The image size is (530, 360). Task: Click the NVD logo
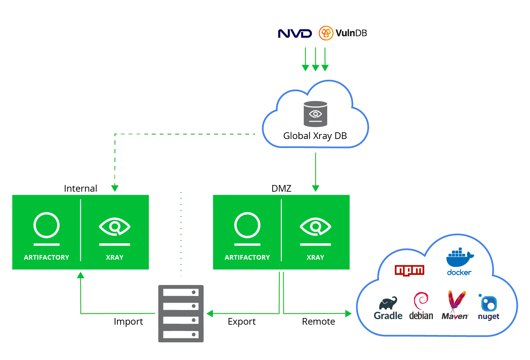point(295,33)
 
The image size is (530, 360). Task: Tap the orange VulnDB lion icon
point(326,33)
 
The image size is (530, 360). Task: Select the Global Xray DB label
point(315,136)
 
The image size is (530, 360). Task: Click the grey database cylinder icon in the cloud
point(315,114)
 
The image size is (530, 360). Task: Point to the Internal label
point(80,188)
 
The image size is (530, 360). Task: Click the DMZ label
point(281,188)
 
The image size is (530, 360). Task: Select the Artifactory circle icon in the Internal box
point(46,225)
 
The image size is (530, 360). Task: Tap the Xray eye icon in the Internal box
point(114,227)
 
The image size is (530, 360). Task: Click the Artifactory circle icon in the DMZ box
point(247,225)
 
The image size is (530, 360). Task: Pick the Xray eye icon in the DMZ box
point(315,227)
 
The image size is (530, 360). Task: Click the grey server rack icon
point(181,313)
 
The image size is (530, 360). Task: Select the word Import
point(128,321)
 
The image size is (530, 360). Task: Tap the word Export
point(241,321)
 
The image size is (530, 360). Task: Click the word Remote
point(318,321)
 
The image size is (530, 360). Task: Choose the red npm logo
point(409,270)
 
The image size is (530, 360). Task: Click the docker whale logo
point(460,258)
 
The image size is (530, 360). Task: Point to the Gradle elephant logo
point(388,303)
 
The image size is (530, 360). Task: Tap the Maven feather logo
point(456,301)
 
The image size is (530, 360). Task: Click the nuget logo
point(489,304)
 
